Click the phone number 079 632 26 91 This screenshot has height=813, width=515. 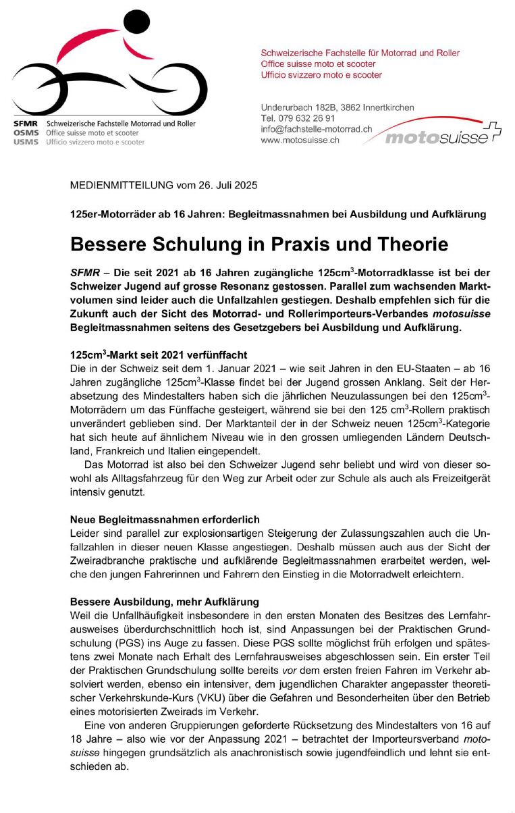point(307,118)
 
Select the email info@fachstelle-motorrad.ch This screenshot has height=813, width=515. point(317,129)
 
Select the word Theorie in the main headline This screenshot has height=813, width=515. point(402,244)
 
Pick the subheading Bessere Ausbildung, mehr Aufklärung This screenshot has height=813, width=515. point(165,601)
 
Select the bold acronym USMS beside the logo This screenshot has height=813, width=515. point(26,142)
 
